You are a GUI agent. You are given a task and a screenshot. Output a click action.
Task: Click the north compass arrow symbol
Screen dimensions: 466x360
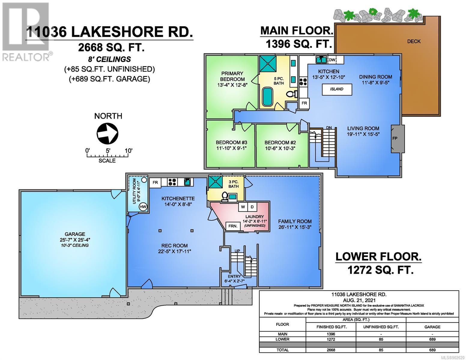pos(107,133)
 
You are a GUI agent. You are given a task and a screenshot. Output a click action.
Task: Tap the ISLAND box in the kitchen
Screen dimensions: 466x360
pos(337,89)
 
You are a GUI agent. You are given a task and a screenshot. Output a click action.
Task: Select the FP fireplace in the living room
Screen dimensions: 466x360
pos(397,139)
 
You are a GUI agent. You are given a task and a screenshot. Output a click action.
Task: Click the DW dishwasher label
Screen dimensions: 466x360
pos(331,60)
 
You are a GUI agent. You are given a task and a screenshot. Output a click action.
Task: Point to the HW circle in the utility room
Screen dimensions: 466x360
pos(143,207)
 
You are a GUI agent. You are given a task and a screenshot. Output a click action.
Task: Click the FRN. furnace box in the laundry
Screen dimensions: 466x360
pos(233,226)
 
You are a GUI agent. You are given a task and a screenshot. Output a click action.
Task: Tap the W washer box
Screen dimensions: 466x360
pos(243,207)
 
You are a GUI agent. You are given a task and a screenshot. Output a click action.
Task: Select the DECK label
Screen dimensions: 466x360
pos(414,41)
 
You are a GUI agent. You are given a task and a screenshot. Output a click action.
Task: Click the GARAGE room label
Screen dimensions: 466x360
pos(75,234)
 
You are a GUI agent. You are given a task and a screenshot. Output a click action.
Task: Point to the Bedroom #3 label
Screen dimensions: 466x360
pos(231,142)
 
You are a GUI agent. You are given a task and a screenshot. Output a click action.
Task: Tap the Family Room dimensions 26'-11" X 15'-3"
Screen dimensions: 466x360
pos(295,227)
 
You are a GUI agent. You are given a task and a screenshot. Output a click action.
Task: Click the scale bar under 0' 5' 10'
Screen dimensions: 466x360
pos(107,155)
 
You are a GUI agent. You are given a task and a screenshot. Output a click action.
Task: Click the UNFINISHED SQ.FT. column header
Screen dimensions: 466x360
pos(381,327)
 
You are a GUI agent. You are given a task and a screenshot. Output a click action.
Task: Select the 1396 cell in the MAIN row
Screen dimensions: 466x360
pos(331,334)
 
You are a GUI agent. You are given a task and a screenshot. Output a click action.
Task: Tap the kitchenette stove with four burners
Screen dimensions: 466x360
pos(172,182)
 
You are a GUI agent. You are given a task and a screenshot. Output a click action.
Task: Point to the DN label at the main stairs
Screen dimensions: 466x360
pos(329,127)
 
